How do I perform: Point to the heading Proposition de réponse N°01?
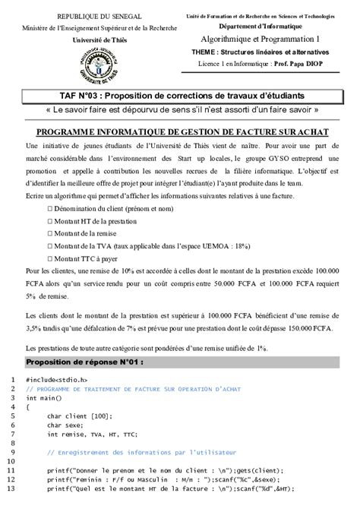pos(84,362)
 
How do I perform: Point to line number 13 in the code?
pos(11,488)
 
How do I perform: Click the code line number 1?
pos(13,379)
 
